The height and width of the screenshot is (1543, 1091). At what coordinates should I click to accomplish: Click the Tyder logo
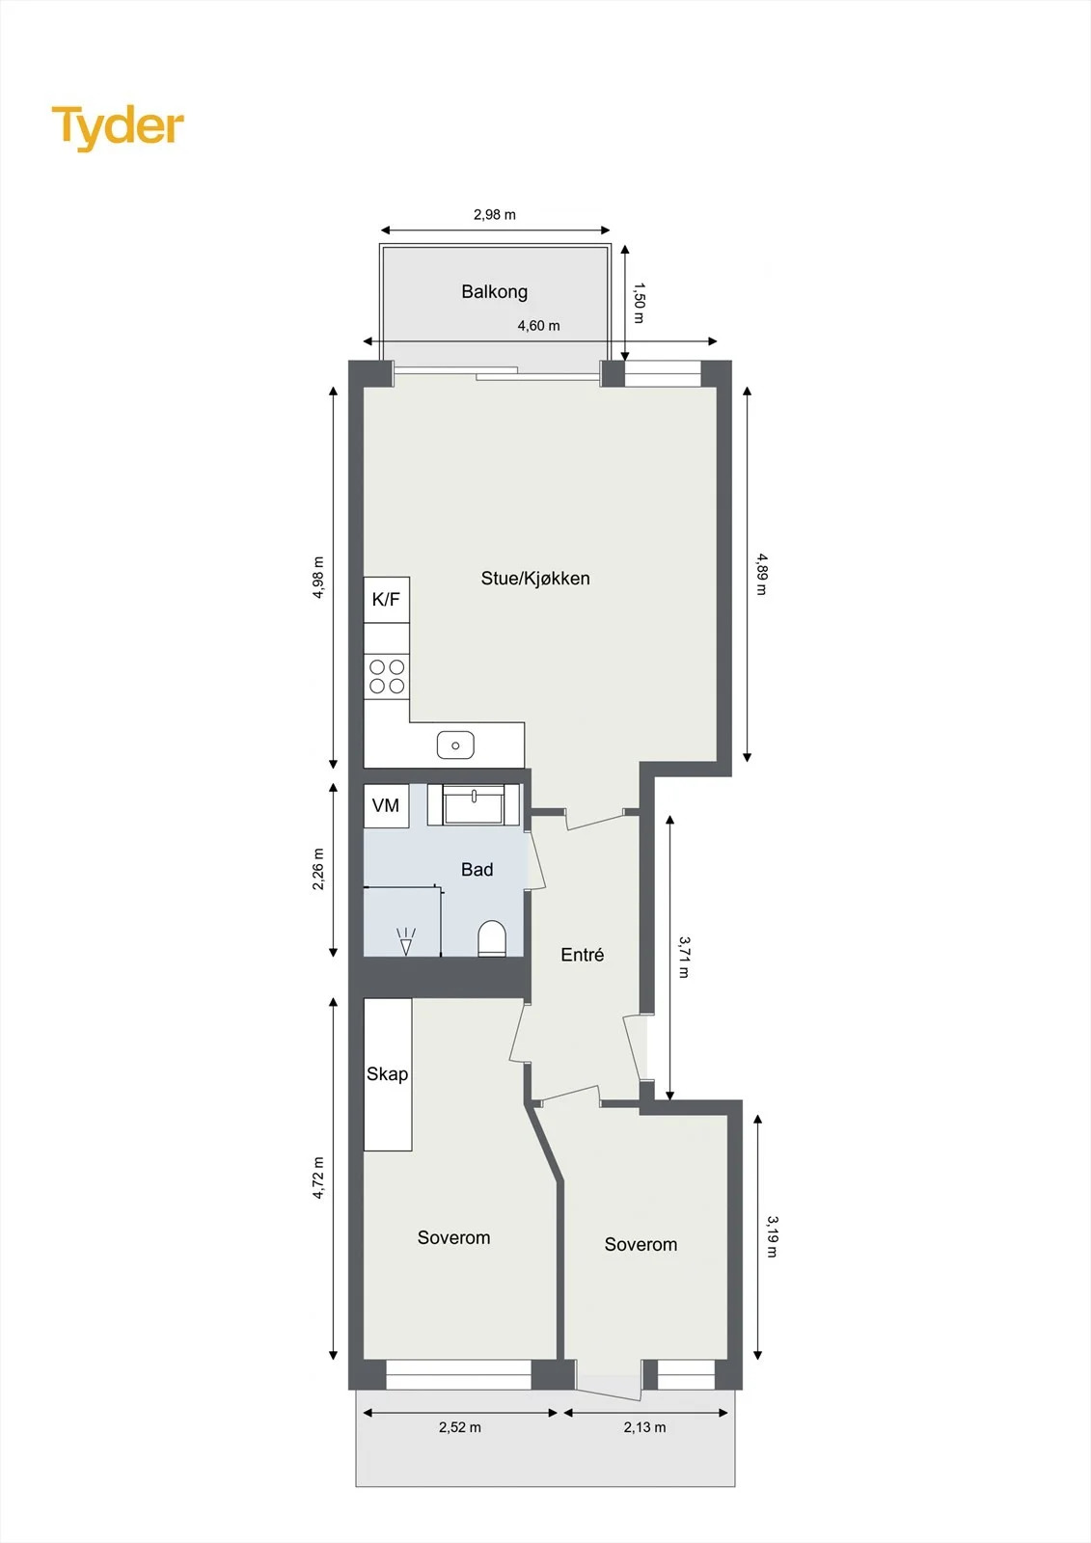click(118, 127)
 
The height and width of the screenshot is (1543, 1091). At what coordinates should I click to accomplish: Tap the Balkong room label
click(494, 292)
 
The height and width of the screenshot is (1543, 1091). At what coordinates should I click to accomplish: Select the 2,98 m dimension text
click(494, 214)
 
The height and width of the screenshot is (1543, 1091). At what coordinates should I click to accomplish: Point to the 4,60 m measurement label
click(538, 325)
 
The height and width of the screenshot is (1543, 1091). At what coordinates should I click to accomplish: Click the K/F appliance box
click(386, 599)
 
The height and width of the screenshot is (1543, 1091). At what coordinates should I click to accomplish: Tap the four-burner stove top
click(387, 676)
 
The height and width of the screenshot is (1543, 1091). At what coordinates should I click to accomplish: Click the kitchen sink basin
click(455, 744)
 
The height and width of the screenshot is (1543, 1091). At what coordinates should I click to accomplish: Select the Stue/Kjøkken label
click(534, 578)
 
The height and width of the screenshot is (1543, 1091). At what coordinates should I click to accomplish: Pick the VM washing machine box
click(386, 805)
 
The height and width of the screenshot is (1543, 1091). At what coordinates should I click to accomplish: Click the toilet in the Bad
click(492, 938)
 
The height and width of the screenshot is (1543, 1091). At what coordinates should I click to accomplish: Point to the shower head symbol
click(406, 941)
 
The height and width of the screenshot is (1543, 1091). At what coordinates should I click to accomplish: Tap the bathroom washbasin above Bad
click(475, 804)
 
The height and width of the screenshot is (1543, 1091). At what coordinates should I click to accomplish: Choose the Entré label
click(583, 955)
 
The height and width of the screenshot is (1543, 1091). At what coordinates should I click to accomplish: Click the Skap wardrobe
click(388, 1074)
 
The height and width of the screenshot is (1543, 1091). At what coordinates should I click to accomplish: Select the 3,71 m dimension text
click(684, 957)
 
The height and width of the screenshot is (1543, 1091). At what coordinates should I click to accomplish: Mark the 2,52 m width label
click(460, 1427)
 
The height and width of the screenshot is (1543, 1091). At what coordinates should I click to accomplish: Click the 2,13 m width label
click(644, 1427)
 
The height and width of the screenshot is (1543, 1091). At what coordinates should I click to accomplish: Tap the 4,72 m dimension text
click(318, 1178)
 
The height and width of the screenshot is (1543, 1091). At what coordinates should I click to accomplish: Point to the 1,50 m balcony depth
click(639, 303)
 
